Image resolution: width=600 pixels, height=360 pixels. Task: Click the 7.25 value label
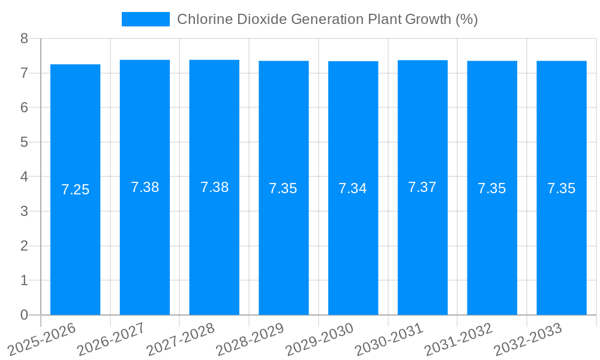[75, 190]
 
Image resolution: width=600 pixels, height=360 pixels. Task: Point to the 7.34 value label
[353, 188]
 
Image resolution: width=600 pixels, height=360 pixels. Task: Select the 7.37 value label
[422, 187]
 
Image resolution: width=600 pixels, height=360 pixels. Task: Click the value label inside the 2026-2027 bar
[145, 187]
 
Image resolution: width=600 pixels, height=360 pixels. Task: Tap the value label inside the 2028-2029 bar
[283, 188]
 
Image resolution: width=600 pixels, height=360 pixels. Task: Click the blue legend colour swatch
[145, 19]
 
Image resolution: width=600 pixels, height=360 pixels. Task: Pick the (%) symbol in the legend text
[466, 19]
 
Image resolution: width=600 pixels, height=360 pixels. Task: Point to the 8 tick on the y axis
[24, 38]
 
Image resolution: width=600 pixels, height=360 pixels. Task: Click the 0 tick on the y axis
[24, 315]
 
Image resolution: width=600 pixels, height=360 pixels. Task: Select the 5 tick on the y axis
[24, 142]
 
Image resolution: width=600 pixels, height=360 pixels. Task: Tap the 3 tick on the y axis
[24, 211]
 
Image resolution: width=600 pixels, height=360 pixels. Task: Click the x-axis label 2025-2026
[41, 339]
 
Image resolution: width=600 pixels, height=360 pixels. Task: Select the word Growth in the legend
[428, 19]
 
